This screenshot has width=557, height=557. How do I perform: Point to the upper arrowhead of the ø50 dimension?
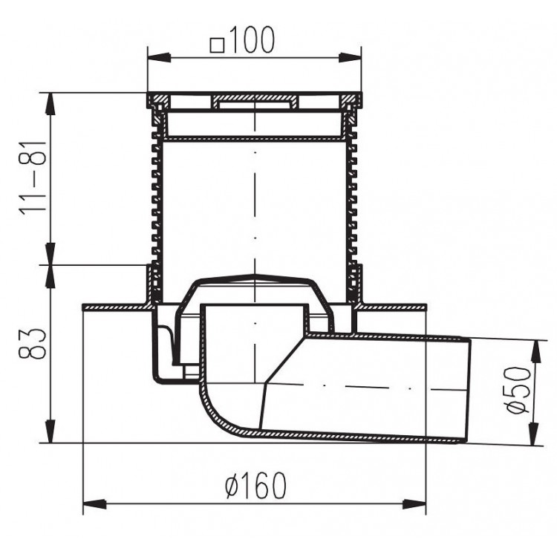(x=535, y=346)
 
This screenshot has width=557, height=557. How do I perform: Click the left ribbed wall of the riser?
(x=154, y=201)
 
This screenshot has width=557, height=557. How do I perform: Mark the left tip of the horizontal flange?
(x=84, y=307)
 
